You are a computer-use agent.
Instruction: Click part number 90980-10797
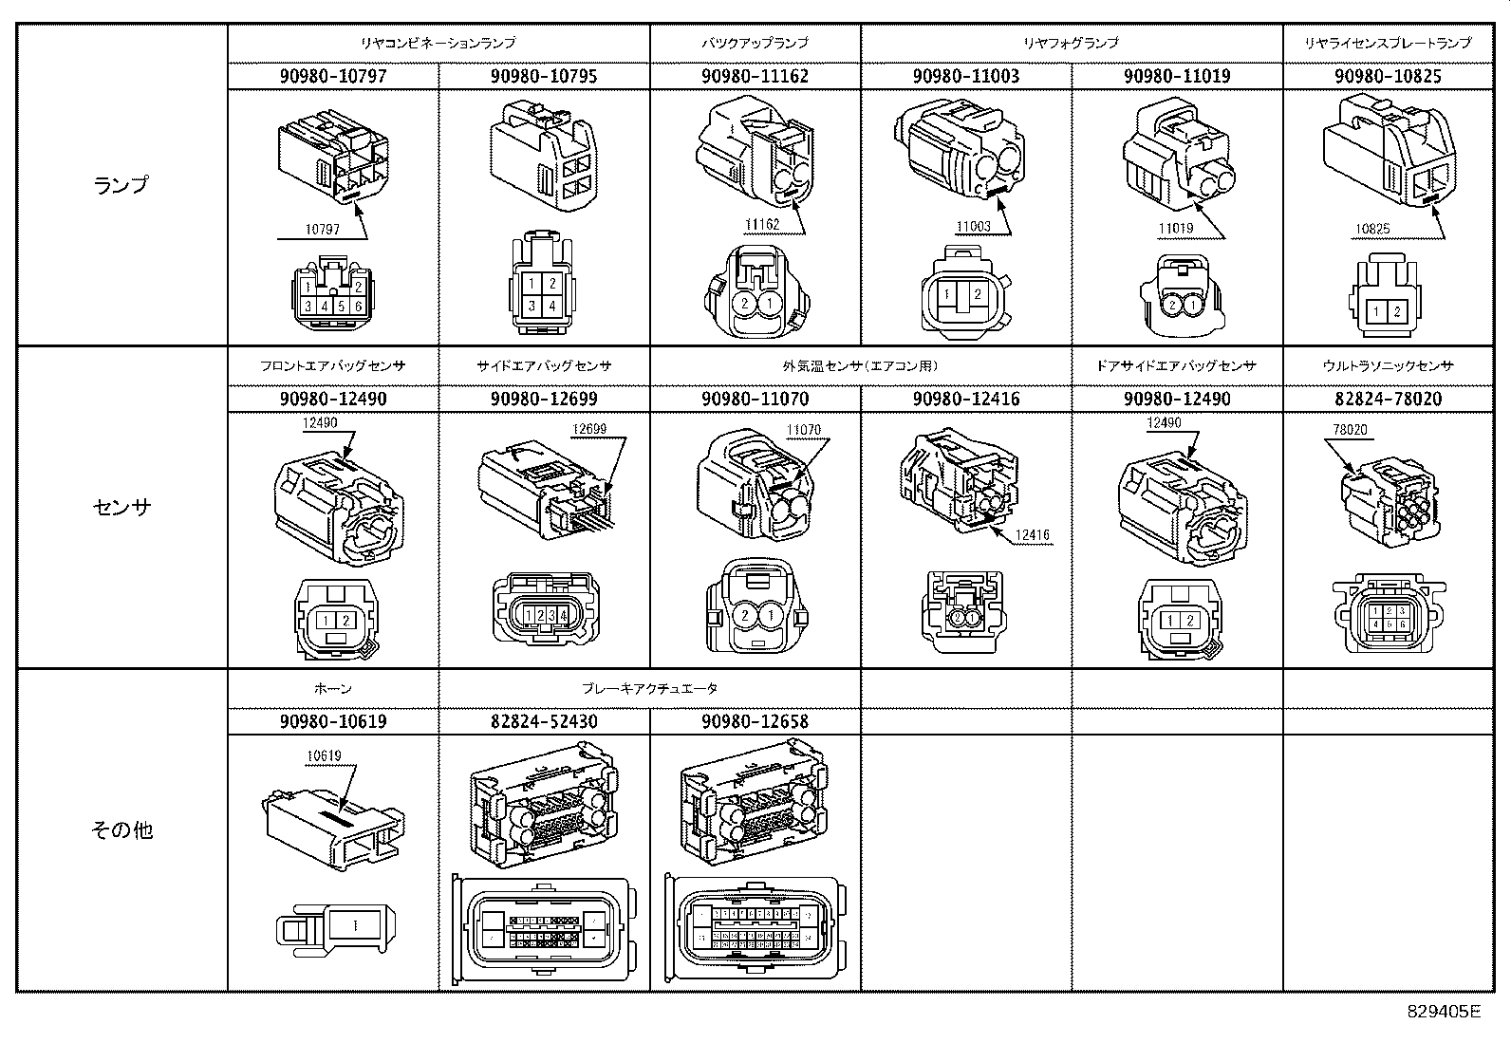(x=333, y=77)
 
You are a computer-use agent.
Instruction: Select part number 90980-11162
(x=755, y=77)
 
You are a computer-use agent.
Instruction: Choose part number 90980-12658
(x=755, y=722)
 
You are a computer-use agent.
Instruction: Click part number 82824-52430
(x=544, y=722)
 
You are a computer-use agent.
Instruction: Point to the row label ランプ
(x=121, y=185)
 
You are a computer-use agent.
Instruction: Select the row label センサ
(x=121, y=507)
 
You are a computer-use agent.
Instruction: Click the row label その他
(x=121, y=830)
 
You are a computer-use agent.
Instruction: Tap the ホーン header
(x=333, y=688)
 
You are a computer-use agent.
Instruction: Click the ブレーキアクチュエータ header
(x=649, y=688)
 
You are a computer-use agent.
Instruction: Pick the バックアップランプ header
(x=755, y=43)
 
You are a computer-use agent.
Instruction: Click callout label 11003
(x=973, y=227)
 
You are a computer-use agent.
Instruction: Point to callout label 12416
(x=1032, y=535)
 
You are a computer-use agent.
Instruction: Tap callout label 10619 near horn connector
(x=324, y=756)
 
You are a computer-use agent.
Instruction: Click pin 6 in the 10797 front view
(x=357, y=307)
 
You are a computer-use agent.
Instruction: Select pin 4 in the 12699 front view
(x=564, y=616)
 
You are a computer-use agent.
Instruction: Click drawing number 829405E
(x=1443, y=1011)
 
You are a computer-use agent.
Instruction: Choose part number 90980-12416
(x=965, y=400)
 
